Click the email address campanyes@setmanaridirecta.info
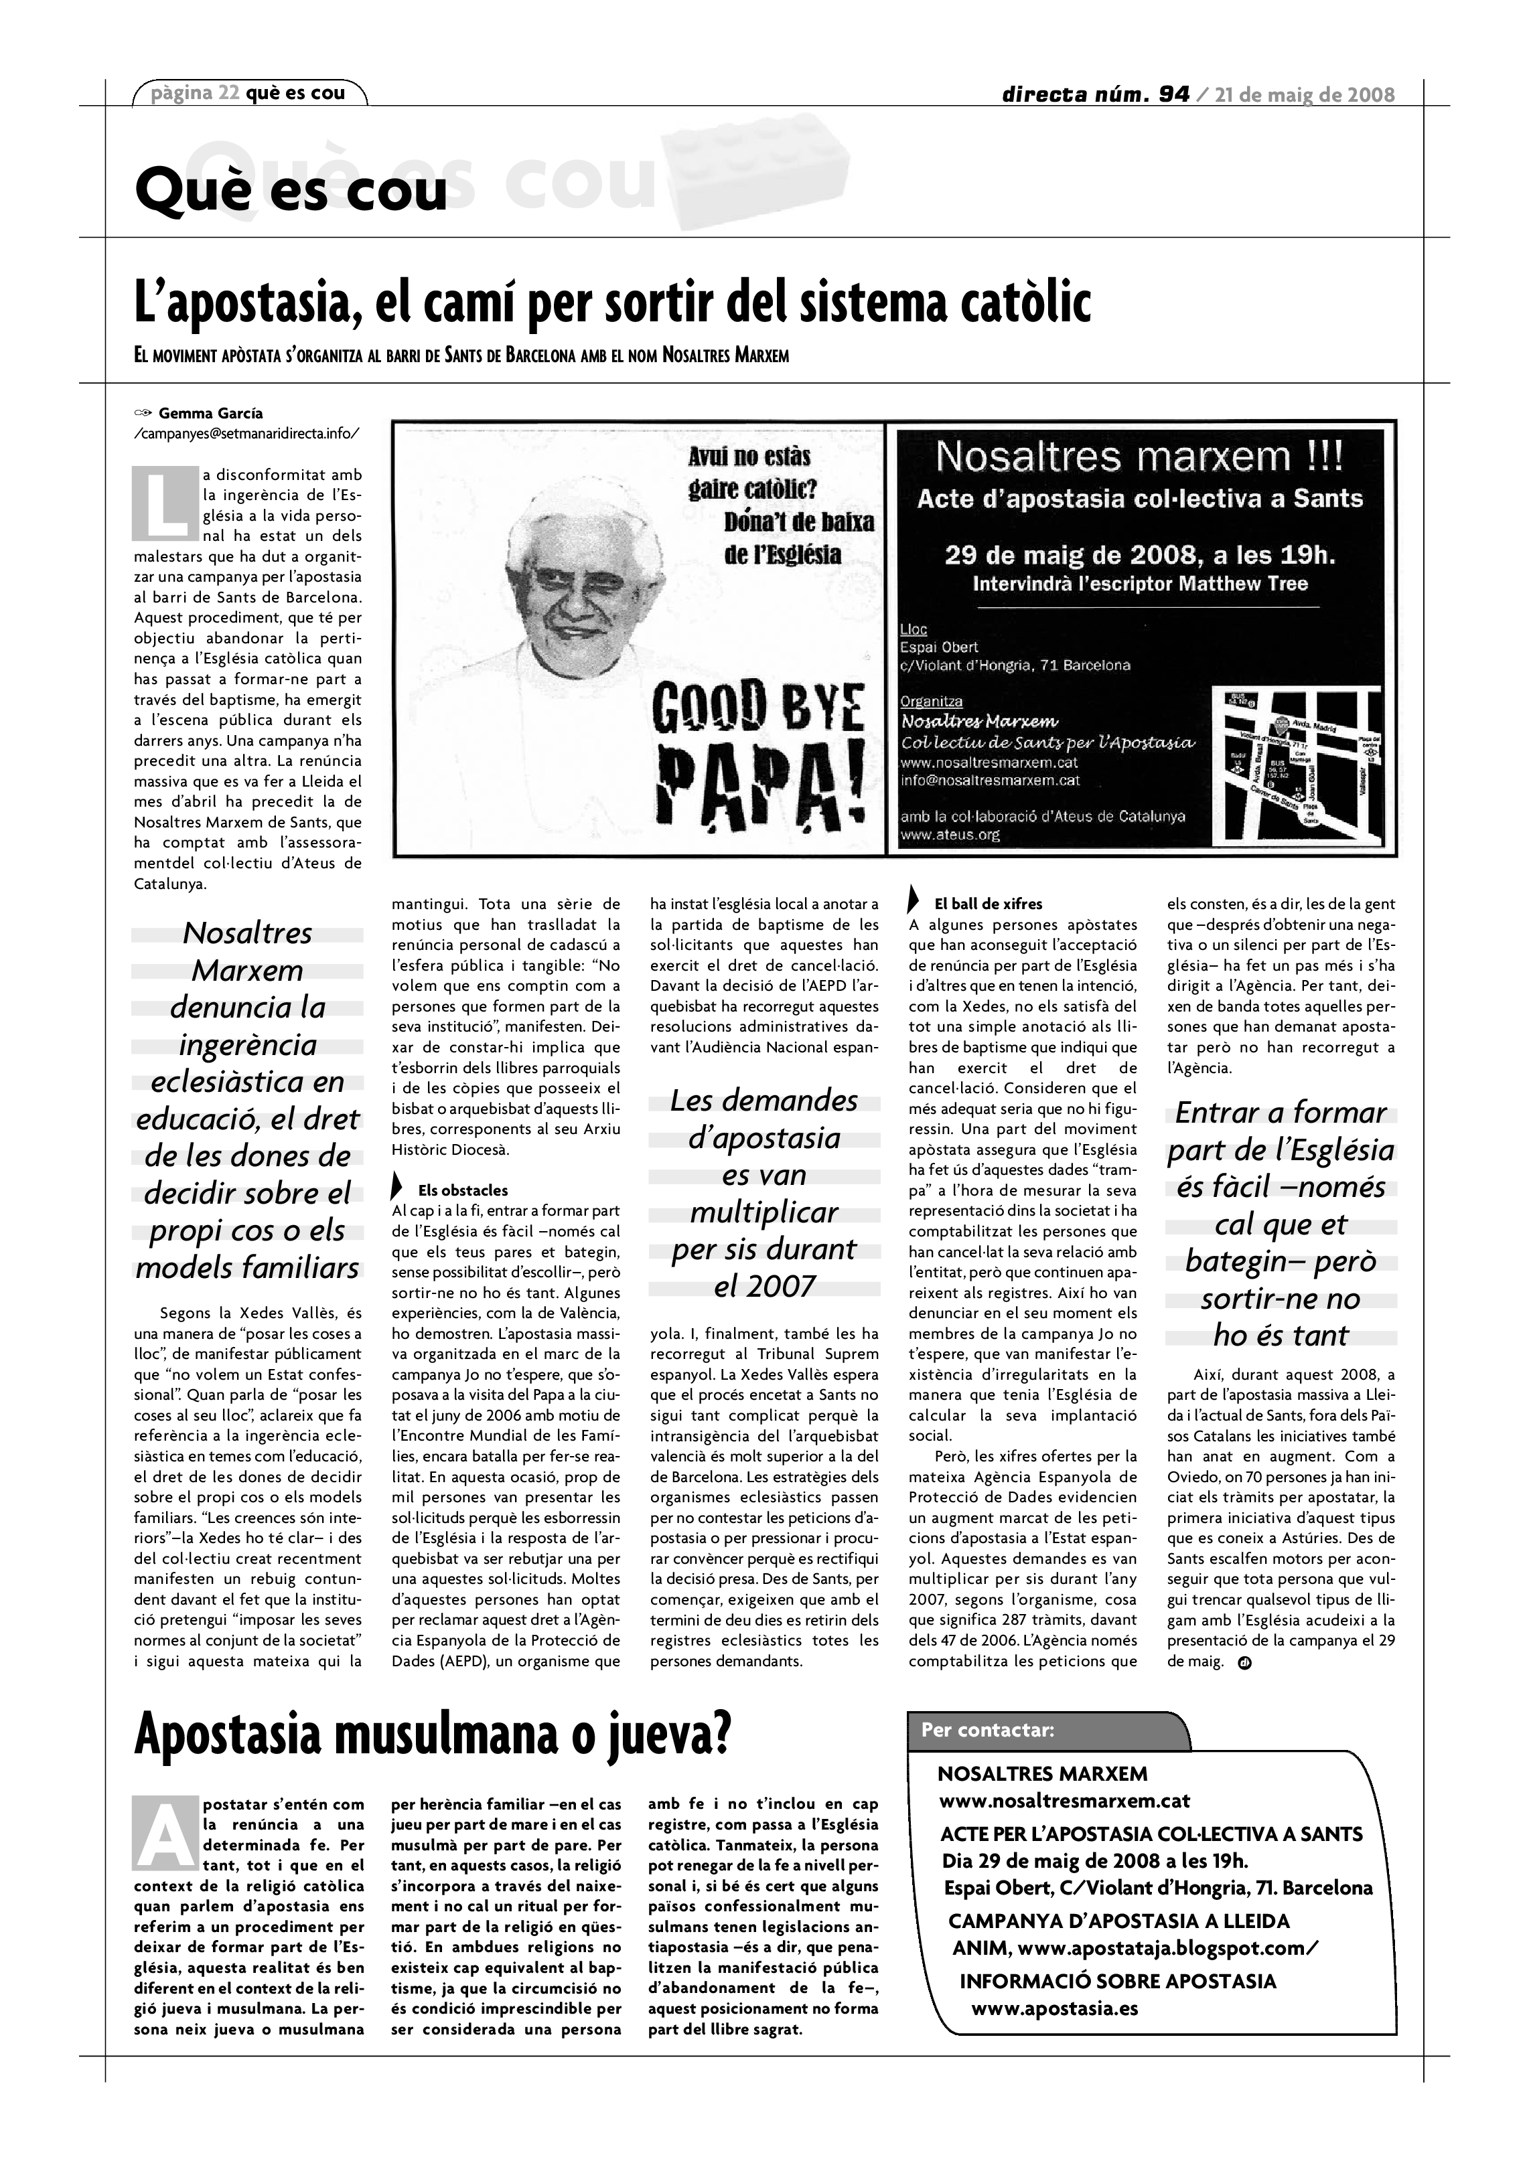click(x=246, y=433)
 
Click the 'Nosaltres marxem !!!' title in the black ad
click(x=1139, y=457)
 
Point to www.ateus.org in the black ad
click(x=950, y=834)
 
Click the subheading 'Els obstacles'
click(x=462, y=1190)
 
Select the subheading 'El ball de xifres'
click(x=988, y=904)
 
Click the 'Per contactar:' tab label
click(x=988, y=1730)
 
